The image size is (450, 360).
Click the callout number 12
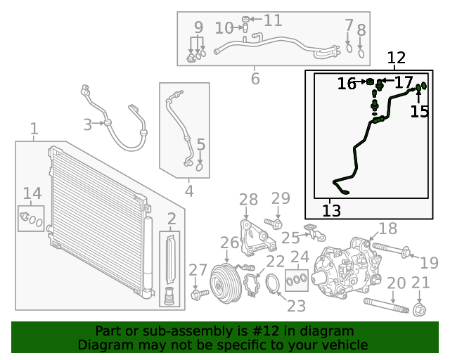pos(397,58)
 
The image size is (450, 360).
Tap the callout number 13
pos(331,210)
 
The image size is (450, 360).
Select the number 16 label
pos(347,84)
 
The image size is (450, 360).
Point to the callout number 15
pos(419,112)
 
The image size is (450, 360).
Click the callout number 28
pos(248,200)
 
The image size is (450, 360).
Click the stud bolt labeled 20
pos(385,306)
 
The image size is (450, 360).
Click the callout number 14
pos(32,193)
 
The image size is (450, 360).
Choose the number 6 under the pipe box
pos(255,78)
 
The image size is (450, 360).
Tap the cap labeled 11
pos(246,18)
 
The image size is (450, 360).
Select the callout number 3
pos(87,125)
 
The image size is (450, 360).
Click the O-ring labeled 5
pos(200,167)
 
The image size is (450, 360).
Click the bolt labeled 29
pos(276,224)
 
